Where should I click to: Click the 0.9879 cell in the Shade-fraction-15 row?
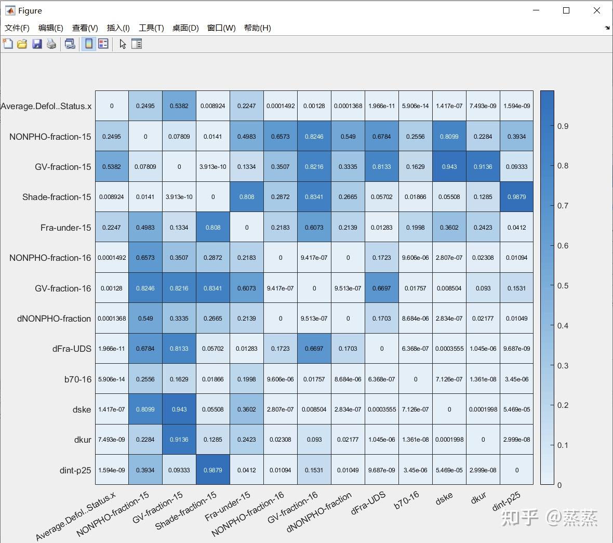point(516,197)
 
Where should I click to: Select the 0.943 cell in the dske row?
point(179,409)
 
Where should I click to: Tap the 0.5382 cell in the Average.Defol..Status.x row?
point(179,106)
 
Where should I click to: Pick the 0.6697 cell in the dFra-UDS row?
point(314,349)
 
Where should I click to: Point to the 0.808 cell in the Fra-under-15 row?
point(213,227)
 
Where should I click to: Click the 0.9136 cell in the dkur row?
point(179,440)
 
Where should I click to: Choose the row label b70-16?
point(78,379)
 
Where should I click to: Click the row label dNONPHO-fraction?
point(54,319)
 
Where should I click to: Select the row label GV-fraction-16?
point(63,288)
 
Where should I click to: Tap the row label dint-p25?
point(75,470)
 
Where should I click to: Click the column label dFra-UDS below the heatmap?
point(368,503)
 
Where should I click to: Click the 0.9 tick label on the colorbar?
point(563,126)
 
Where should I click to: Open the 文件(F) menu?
point(17,28)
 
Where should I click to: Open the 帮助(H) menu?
point(257,28)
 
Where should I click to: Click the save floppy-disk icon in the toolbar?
point(37,44)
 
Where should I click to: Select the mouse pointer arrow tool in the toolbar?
point(123,44)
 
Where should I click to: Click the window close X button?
point(596,10)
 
